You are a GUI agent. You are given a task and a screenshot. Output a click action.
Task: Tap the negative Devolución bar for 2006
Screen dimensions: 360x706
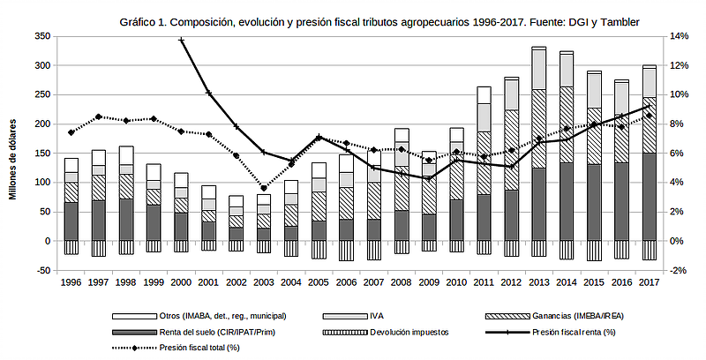click(x=346, y=251)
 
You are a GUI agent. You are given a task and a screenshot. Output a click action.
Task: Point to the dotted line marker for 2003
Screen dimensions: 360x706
click(x=264, y=188)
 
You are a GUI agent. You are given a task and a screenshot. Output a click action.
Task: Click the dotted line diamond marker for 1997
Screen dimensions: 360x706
click(x=99, y=116)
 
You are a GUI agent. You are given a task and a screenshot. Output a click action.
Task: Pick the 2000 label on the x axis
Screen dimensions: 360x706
click(x=181, y=281)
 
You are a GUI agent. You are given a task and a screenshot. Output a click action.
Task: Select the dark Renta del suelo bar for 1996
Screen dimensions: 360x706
click(x=71, y=221)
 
